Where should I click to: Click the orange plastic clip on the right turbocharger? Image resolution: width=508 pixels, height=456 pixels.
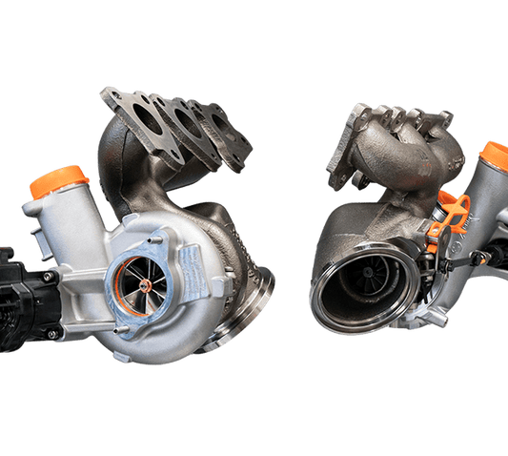[x=454, y=214]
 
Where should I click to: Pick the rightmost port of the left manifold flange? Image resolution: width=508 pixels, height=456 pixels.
[x=220, y=143]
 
